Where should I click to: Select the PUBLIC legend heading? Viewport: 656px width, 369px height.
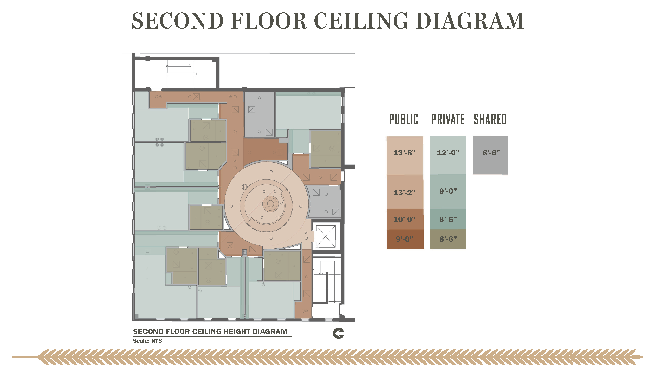pyautogui.click(x=404, y=119)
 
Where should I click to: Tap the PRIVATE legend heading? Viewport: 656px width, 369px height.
pyautogui.click(x=448, y=119)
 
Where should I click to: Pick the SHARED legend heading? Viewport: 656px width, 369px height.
pyautogui.click(x=490, y=119)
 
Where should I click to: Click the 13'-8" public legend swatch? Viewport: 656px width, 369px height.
pyautogui.click(x=405, y=155)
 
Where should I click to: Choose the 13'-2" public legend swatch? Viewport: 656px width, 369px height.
pyautogui.click(x=405, y=192)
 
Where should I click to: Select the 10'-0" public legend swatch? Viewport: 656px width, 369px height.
pyautogui.click(x=405, y=219)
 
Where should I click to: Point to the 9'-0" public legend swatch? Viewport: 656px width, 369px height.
pyautogui.click(x=405, y=239)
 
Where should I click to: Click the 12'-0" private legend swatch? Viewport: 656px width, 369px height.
pyautogui.click(x=448, y=155)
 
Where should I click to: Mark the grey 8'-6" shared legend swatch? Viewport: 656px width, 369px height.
pyautogui.click(x=490, y=155)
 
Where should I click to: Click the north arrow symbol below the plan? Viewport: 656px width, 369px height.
pyautogui.click(x=338, y=333)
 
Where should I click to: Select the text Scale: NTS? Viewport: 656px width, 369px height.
pyautogui.click(x=147, y=341)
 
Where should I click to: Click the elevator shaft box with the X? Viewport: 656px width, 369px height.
pyautogui.click(x=325, y=236)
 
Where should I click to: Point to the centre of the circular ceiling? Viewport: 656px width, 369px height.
pyautogui.click(x=271, y=204)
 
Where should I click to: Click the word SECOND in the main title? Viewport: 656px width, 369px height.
pyautogui.click(x=178, y=21)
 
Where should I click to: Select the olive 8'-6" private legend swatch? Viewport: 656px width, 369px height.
pyautogui.click(x=448, y=239)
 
